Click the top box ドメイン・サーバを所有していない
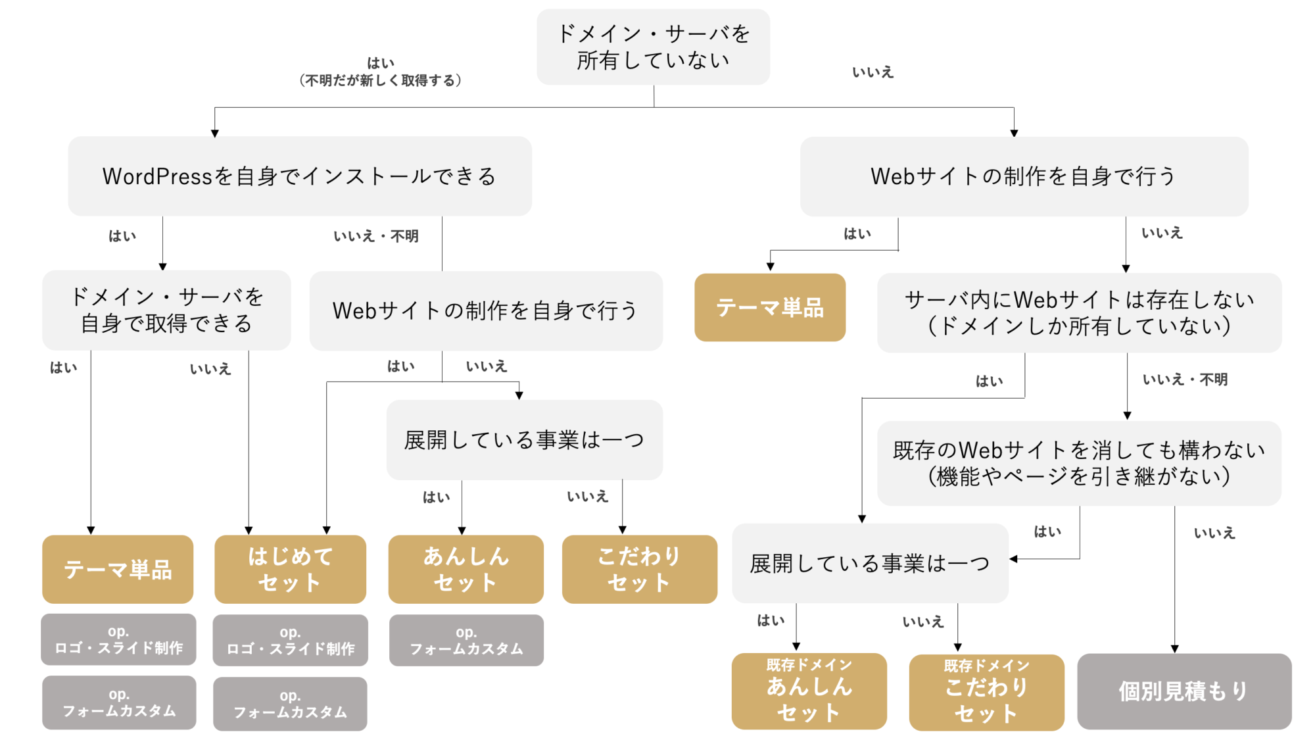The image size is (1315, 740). [x=653, y=47]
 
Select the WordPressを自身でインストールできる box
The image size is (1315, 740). [x=300, y=176]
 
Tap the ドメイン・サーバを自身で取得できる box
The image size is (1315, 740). [x=166, y=310]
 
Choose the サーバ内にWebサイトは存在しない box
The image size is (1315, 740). [x=1079, y=313]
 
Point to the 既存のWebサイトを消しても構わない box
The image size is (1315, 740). [x=1079, y=463]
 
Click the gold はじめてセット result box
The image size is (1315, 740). [x=290, y=569]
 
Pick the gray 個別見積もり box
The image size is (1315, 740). [x=1184, y=691]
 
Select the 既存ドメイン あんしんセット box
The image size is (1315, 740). [x=809, y=691]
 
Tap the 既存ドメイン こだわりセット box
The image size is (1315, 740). [x=986, y=692]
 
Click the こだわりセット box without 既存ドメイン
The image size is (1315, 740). [x=639, y=569]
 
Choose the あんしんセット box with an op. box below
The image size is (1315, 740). [x=466, y=569]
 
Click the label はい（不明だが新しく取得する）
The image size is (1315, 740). [x=380, y=72]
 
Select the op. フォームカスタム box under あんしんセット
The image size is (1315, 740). [x=466, y=641]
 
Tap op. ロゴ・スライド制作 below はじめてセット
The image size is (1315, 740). [x=290, y=641]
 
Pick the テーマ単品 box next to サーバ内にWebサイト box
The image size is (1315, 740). [x=770, y=307]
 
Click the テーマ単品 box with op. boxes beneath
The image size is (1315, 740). [x=118, y=569]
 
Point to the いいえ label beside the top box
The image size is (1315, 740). [x=873, y=72]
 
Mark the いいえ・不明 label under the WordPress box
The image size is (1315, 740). [x=375, y=235]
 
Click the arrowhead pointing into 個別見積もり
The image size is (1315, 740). [x=1175, y=649]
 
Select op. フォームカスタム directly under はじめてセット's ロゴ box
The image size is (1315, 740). [x=290, y=704]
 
